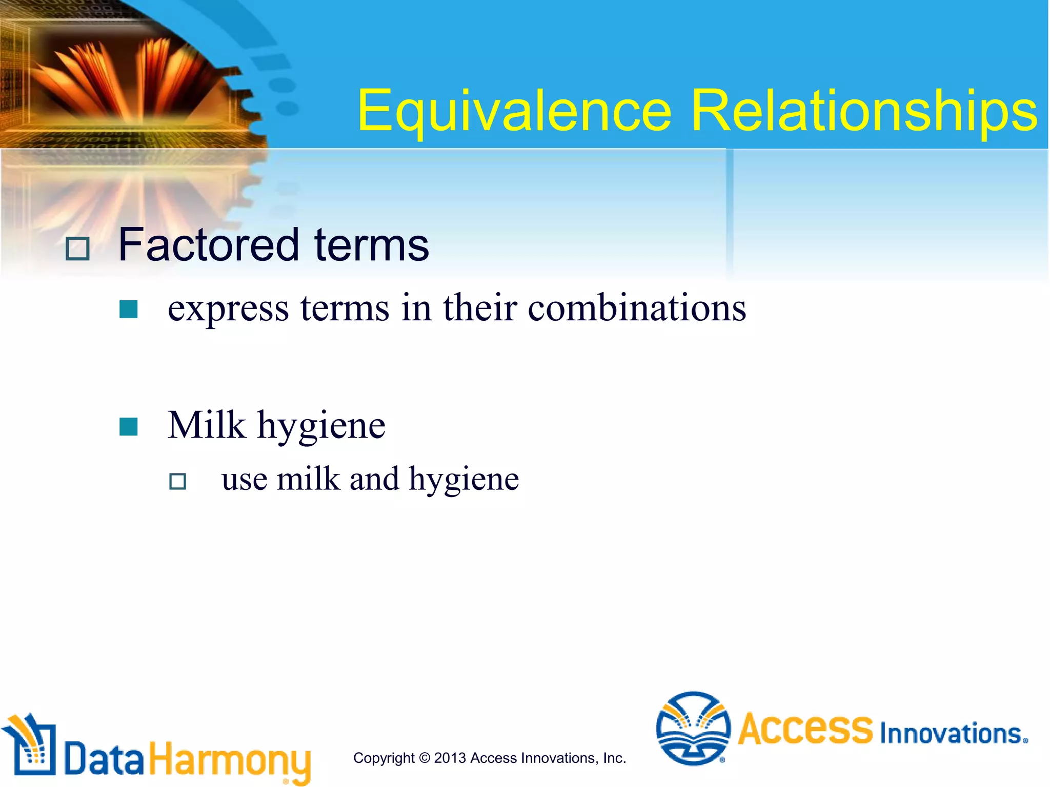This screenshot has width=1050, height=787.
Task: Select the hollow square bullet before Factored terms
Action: click(x=78, y=249)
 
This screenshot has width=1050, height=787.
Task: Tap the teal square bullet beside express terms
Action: click(x=128, y=309)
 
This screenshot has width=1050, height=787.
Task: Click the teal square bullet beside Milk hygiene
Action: click(x=128, y=426)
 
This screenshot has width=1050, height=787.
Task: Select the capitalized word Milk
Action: click(x=207, y=425)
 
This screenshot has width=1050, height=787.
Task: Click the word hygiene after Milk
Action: click(x=321, y=427)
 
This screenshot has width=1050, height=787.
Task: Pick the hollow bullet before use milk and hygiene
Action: click(x=177, y=481)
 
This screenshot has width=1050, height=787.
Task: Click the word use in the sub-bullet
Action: click(x=244, y=480)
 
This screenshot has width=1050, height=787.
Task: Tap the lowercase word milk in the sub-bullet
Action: click(x=308, y=479)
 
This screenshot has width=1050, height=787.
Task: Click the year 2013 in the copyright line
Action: click(x=450, y=758)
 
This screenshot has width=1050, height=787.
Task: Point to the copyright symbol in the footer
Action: click(x=424, y=758)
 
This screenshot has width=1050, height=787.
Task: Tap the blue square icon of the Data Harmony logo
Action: click(x=32, y=748)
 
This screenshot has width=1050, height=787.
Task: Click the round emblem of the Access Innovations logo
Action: click(x=693, y=728)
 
